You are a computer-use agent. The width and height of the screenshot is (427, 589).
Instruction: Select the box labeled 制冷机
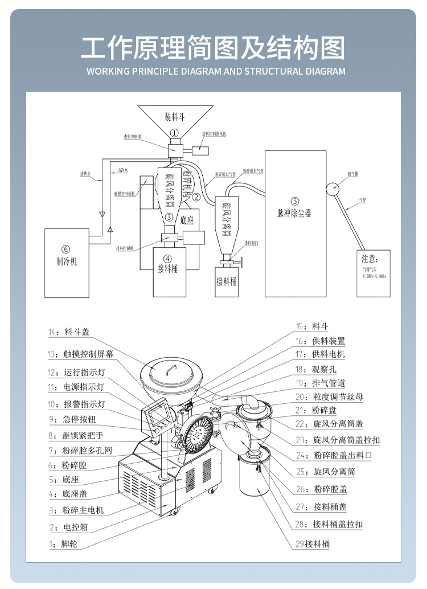[x=65, y=256]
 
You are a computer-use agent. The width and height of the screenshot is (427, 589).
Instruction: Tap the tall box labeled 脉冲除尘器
[x=295, y=222]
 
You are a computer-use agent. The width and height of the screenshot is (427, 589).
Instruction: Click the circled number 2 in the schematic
[x=195, y=197]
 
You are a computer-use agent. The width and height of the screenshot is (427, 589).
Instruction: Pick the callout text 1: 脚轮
[x=63, y=544]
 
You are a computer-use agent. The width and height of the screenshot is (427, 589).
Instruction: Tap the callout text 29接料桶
[x=312, y=544]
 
